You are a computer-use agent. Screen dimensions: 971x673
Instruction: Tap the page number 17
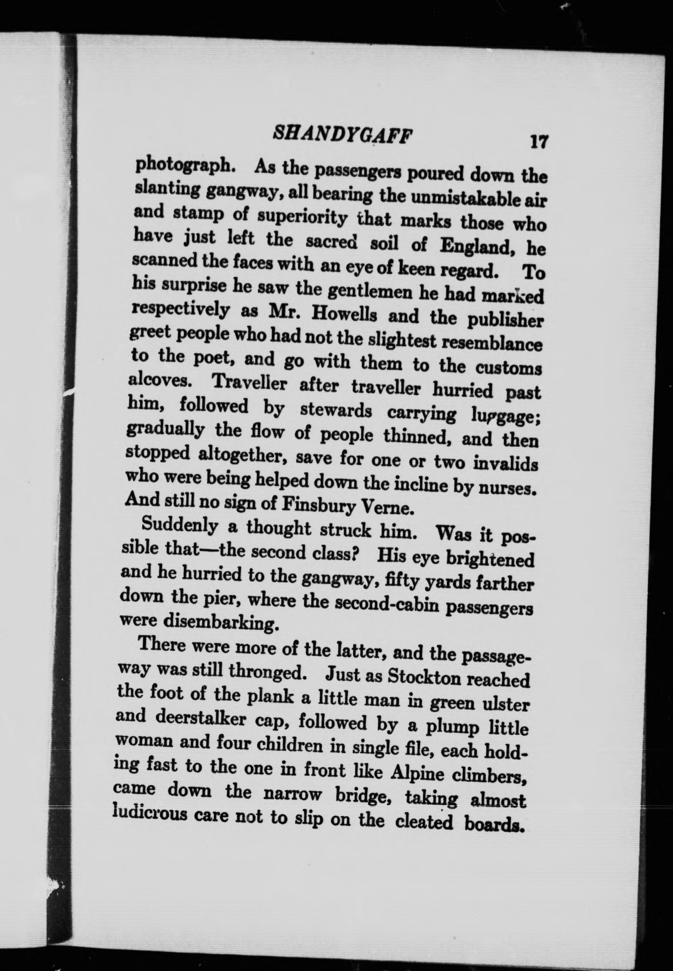(x=538, y=141)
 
